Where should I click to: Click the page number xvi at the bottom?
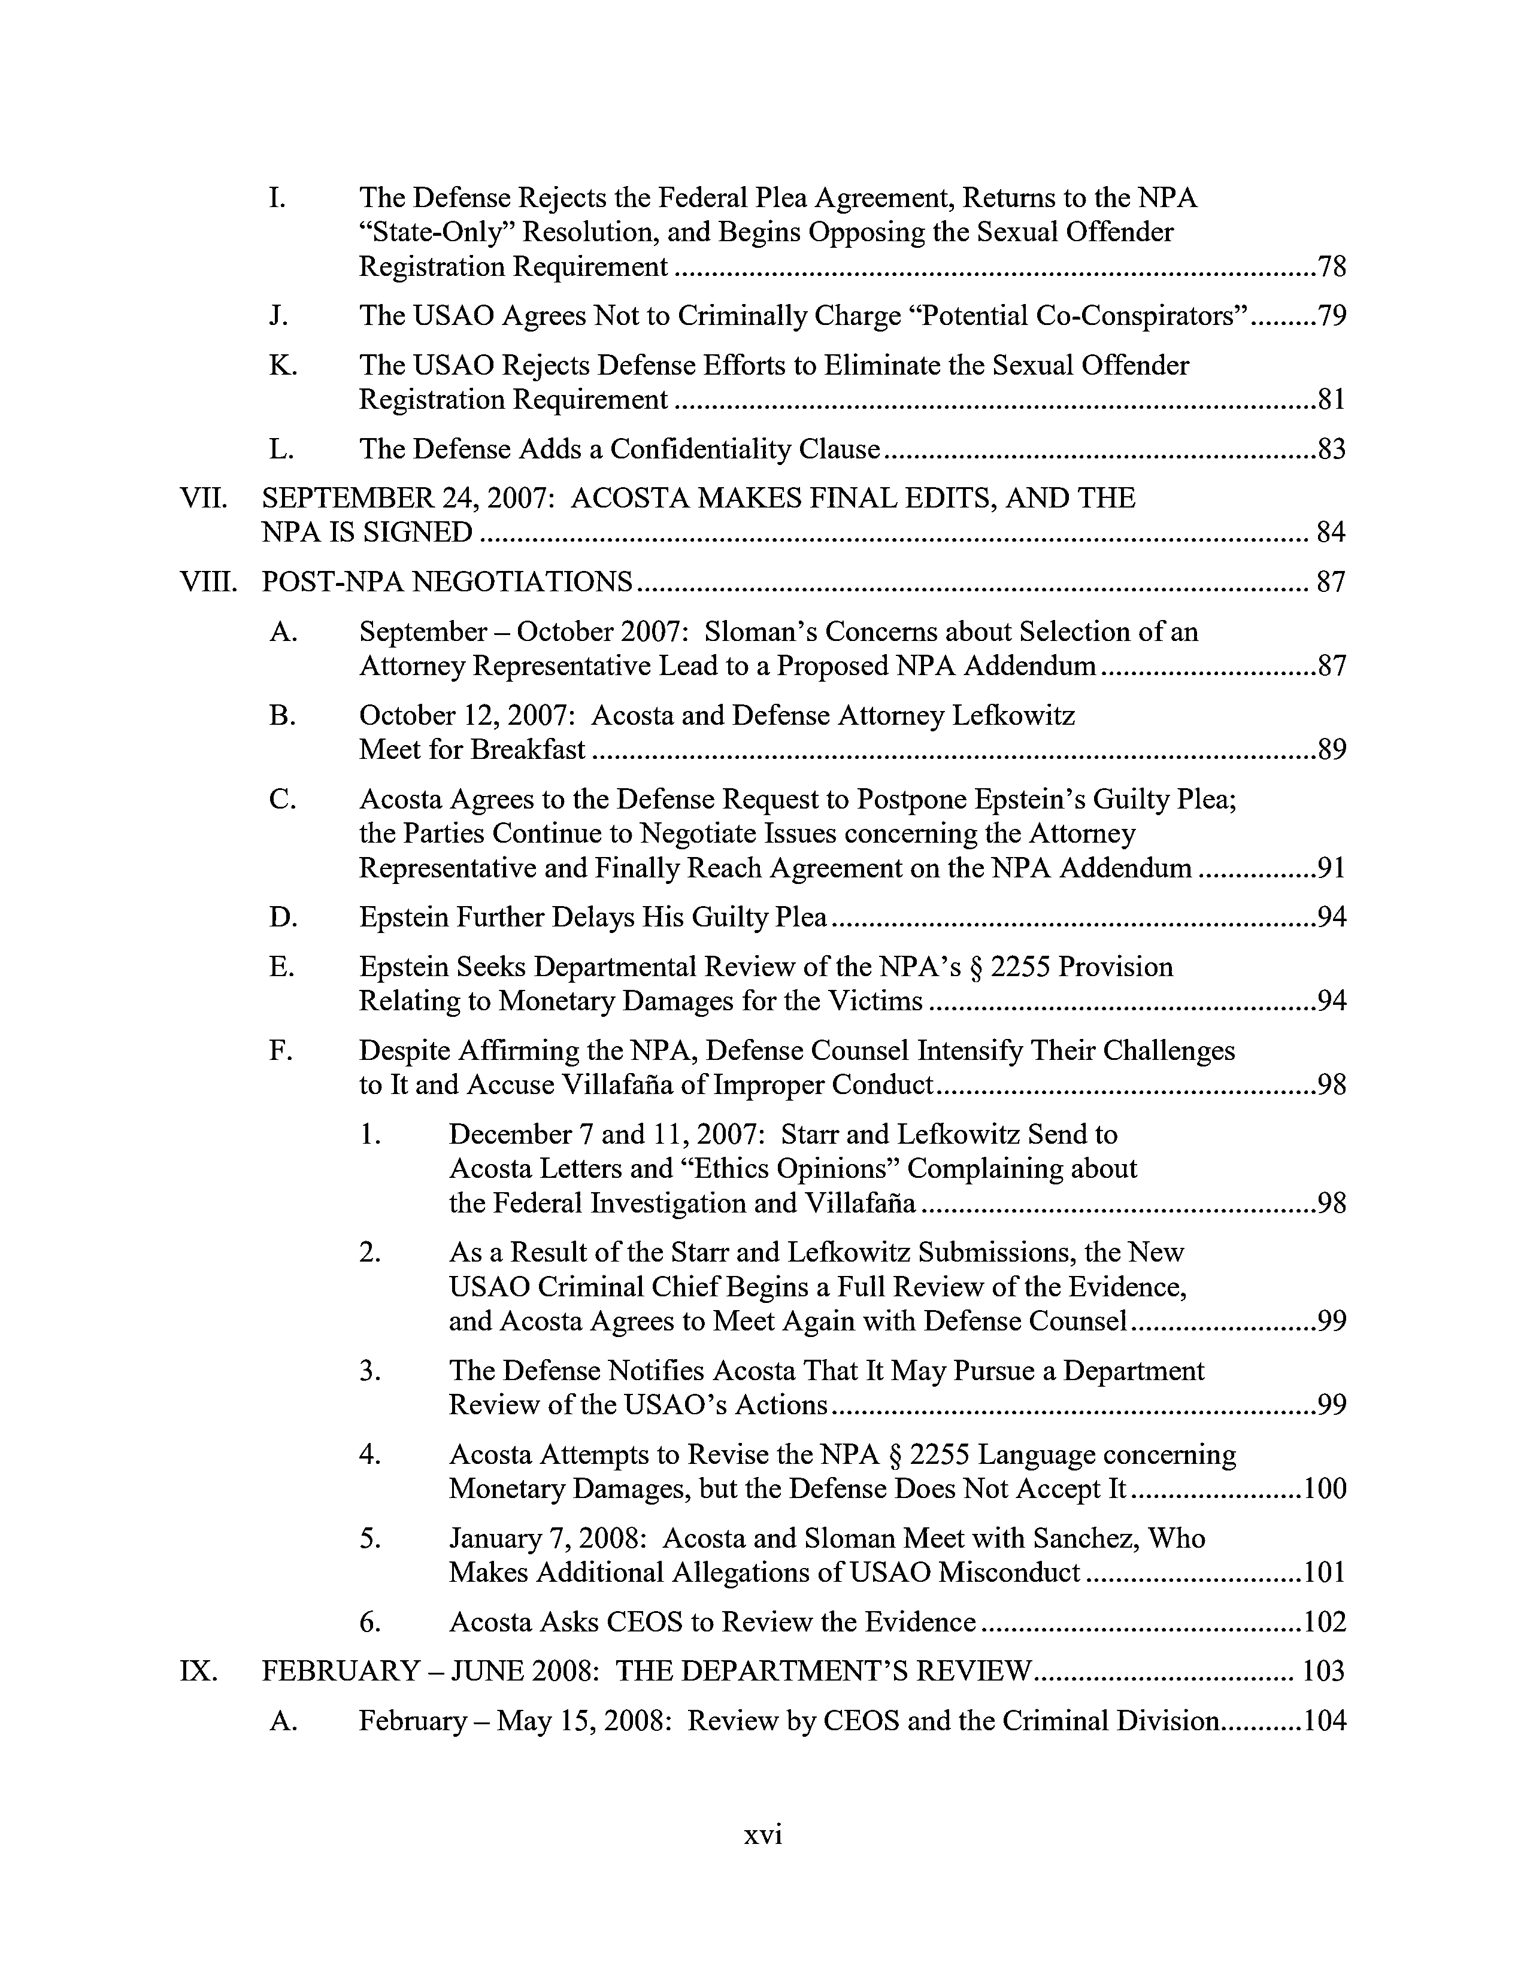pyautogui.click(x=762, y=1835)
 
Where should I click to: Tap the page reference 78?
pyautogui.click(x=1332, y=267)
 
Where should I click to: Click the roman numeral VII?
pyautogui.click(x=202, y=499)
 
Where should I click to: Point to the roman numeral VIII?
pyautogui.click(x=208, y=582)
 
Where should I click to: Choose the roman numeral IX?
pyautogui.click(x=198, y=1670)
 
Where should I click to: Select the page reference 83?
pyautogui.click(x=1332, y=449)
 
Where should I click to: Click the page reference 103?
pyautogui.click(x=1323, y=1670)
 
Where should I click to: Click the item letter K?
pyautogui.click(x=283, y=365)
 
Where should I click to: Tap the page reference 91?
pyautogui.click(x=1332, y=868)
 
